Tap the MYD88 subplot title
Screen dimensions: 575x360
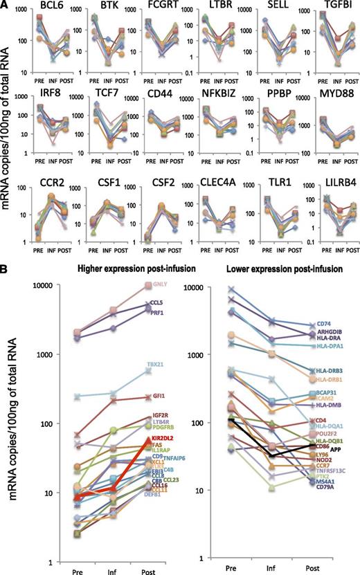click(332, 93)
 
